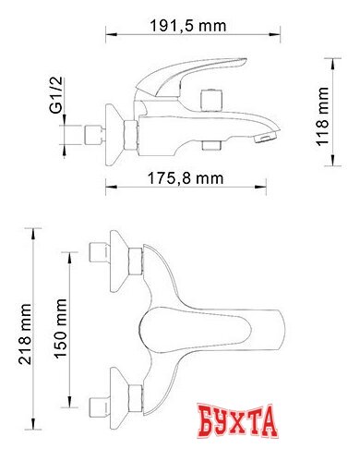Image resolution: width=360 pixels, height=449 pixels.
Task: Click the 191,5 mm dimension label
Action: pos(187,26)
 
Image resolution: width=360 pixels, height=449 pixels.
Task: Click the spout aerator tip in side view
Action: pos(265,139)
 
